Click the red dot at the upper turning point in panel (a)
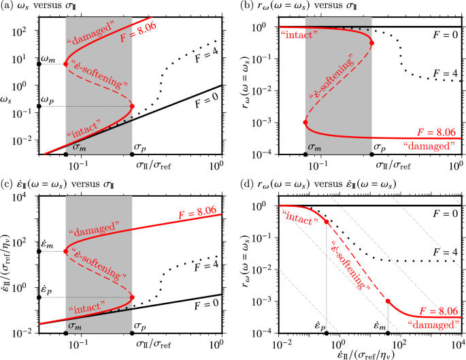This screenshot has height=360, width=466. [66, 64]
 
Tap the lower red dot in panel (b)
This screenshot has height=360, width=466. [305, 122]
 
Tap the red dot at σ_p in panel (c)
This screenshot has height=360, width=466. [131, 297]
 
